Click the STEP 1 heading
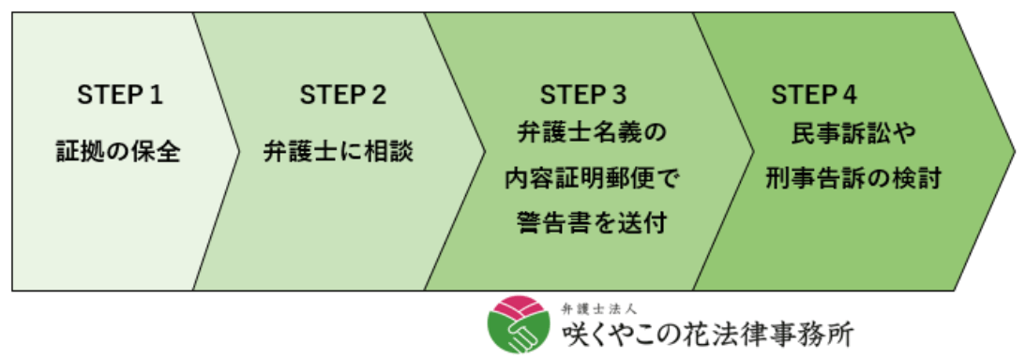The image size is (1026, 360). (x=118, y=95)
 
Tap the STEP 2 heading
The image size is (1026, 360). (x=342, y=95)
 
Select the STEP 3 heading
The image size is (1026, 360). (x=583, y=95)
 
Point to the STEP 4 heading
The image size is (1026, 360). (x=814, y=95)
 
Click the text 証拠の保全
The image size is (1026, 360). (x=118, y=150)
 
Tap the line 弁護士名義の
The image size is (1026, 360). (x=591, y=131)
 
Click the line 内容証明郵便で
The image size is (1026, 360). (x=591, y=176)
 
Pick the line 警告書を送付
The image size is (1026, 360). (x=591, y=222)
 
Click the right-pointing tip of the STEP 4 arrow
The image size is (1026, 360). (x=1013, y=150)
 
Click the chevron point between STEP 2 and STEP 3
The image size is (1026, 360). (x=484, y=150)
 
